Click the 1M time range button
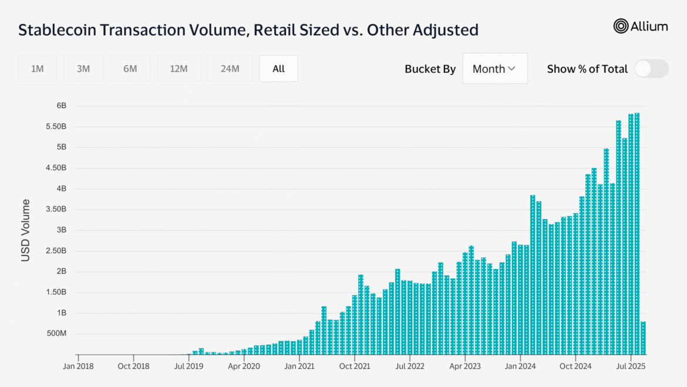(x=38, y=69)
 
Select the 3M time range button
(x=83, y=69)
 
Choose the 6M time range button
(x=130, y=69)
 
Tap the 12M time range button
(x=179, y=69)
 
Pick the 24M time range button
(x=230, y=69)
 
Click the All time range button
(x=278, y=69)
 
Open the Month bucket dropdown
(x=494, y=69)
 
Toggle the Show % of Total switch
(x=651, y=69)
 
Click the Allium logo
(x=641, y=26)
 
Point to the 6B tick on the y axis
(x=61, y=106)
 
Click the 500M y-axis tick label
(x=56, y=334)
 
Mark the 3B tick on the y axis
(x=61, y=230)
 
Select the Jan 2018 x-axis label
(x=78, y=366)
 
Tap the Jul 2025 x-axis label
(x=631, y=366)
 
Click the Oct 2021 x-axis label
(x=354, y=366)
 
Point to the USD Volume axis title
(x=25, y=230)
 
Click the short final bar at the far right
(x=643, y=338)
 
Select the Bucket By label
(x=430, y=69)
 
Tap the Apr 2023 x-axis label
(x=464, y=366)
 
